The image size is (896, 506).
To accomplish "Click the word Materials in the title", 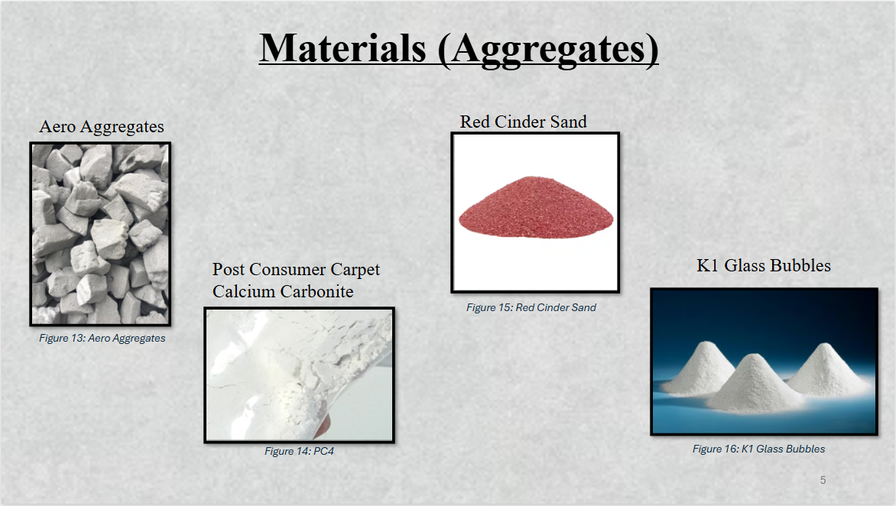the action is point(342,48).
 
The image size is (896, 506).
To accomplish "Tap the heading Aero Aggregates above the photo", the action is point(102,127).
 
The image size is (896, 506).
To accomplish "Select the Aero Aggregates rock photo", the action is point(101,234).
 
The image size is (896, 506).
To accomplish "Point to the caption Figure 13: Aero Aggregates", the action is point(102,338).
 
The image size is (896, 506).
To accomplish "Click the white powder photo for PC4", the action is point(300,375).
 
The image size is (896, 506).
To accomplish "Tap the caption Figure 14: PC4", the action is point(300,451).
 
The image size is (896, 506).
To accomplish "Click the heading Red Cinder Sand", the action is point(524,122).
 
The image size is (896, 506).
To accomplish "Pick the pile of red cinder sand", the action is point(536,206).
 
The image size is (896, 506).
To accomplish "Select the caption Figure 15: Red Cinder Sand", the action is point(531,307).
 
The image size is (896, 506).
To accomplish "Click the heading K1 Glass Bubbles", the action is point(764,265).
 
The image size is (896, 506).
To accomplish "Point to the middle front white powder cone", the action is point(755,384).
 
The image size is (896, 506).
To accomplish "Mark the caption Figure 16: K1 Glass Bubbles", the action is point(759,449).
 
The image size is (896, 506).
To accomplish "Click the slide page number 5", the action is point(823,480).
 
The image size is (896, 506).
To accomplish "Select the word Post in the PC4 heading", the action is point(229,270).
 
